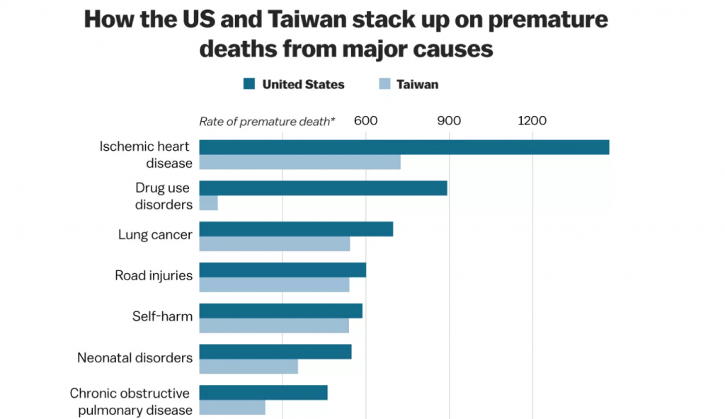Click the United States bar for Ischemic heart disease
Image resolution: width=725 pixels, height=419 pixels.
[x=404, y=147]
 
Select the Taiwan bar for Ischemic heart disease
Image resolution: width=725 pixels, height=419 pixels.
[x=299, y=163]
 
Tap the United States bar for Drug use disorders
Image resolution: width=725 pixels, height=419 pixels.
[x=323, y=188]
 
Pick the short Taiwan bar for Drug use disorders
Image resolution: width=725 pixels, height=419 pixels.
[x=208, y=204]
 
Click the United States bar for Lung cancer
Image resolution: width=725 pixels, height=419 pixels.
[x=296, y=229]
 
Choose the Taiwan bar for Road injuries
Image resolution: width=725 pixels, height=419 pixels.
[x=274, y=285]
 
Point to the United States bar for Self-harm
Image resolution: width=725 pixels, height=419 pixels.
[x=280, y=311]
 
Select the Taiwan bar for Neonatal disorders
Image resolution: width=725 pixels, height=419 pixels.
[x=249, y=367]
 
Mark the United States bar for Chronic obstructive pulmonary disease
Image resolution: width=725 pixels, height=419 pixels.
[x=263, y=393]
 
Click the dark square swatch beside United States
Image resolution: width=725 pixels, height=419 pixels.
[x=249, y=85]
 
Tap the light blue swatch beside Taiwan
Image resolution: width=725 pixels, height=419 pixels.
[x=385, y=85]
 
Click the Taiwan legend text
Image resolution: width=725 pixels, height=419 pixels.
[x=417, y=85]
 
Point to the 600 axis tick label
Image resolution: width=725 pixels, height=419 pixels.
[x=365, y=121]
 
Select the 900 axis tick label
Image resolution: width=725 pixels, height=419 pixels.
[x=449, y=121]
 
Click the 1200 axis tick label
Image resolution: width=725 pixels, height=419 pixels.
[x=532, y=121]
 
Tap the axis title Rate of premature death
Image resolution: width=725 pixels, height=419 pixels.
[x=267, y=122]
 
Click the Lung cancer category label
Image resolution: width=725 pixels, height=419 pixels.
[x=155, y=235]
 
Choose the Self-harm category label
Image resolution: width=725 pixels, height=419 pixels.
[x=162, y=316]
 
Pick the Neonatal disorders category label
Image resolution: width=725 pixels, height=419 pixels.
[x=135, y=358]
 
